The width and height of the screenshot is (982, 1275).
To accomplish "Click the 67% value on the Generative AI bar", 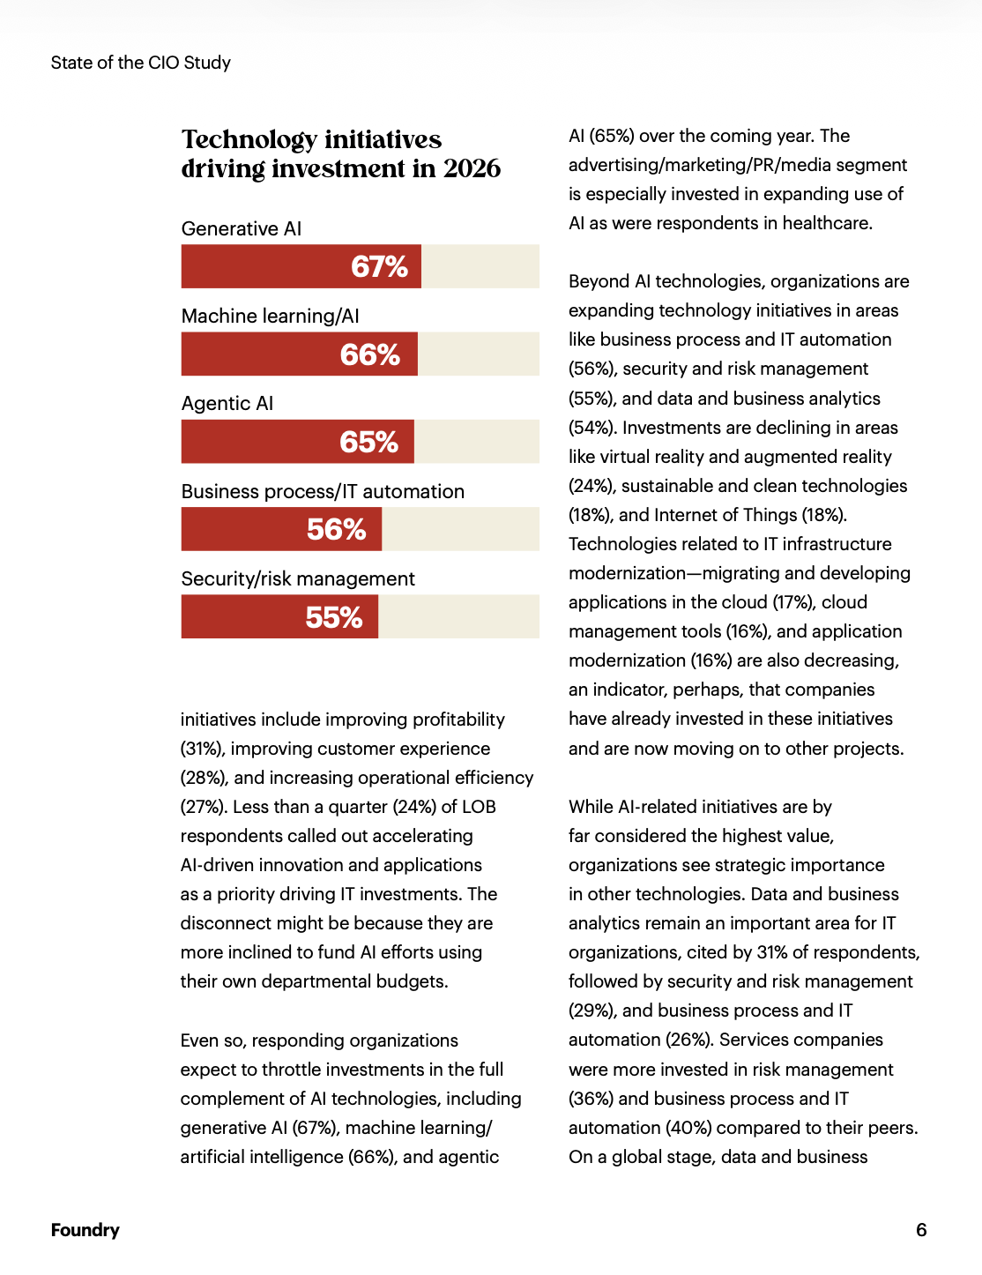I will point(379,266).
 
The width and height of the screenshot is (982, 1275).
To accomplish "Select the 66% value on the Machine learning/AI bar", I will point(370,354).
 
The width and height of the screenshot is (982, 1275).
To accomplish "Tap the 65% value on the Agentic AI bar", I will point(369,442).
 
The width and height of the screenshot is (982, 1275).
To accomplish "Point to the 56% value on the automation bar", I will point(336,529).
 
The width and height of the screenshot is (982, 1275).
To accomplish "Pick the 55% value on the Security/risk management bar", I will point(334,617).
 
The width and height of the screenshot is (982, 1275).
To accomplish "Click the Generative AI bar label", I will point(242,228).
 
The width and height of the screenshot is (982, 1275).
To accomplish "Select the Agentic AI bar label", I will point(227,404).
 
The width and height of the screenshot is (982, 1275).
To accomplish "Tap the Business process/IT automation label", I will point(323,491).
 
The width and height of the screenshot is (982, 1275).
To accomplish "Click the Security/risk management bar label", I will point(298,578).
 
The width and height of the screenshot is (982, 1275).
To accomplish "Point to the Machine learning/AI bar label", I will point(271,316).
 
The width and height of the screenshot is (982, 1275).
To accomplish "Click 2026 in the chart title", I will point(472,168).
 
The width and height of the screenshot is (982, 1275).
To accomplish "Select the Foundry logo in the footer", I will point(85,1230).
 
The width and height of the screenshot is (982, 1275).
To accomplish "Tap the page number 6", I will point(921,1230).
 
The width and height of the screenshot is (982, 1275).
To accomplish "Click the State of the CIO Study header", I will point(141,63).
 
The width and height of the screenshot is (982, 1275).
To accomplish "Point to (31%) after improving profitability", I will point(201,749).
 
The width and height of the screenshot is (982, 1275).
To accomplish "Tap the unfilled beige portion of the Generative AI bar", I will point(480,266).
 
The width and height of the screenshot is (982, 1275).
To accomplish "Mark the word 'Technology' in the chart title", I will point(249,139).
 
